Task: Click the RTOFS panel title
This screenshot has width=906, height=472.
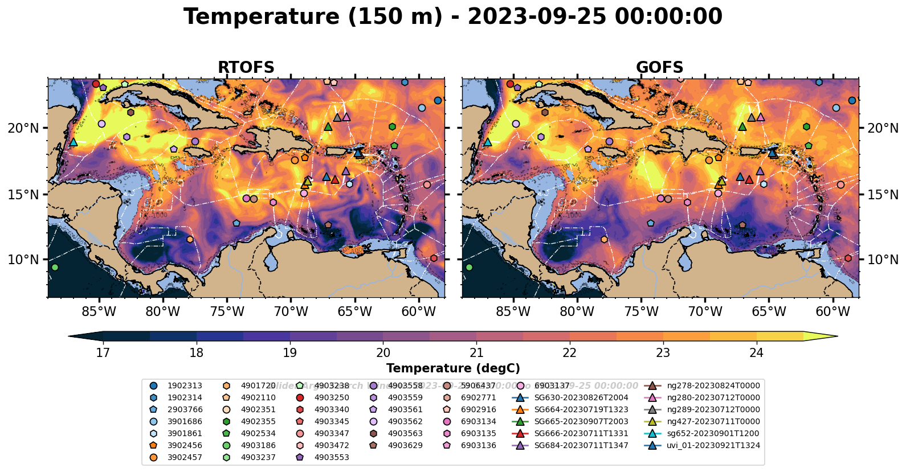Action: [246, 68]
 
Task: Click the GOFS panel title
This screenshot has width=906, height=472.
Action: [659, 68]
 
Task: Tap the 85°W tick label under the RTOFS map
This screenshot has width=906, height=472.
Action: [99, 311]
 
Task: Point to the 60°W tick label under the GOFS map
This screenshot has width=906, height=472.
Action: [833, 311]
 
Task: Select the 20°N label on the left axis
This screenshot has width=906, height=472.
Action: [23, 128]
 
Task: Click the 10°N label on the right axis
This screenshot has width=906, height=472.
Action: [883, 260]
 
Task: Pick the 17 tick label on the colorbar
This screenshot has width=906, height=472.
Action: [103, 353]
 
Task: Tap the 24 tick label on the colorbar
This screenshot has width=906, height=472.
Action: [756, 353]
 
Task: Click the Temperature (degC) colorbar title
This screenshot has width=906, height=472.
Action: [453, 368]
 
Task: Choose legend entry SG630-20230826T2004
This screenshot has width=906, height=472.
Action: [581, 398]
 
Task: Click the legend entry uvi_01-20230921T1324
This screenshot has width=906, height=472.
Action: [713, 446]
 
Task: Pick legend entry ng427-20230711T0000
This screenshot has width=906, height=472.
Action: [713, 422]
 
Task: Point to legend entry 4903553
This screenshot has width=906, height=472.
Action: [332, 457]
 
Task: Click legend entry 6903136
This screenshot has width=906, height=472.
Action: [479, 446]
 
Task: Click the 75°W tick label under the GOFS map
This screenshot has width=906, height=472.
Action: [641, 311]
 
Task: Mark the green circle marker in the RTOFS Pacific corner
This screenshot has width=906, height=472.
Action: [55, 267]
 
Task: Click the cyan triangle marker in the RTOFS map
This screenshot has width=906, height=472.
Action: [74, 142]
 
